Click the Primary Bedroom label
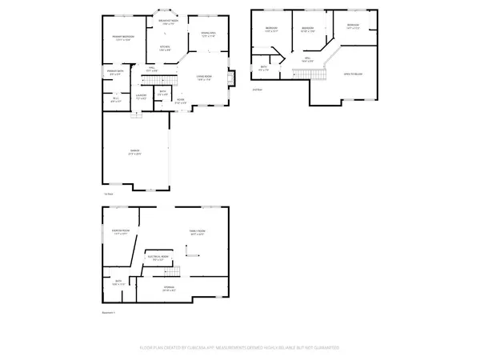(122, 37)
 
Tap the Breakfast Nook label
(166, 22)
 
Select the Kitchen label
(164, 47)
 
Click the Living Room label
(205, 76)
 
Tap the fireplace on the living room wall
(231, 78)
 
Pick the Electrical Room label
(158, 258)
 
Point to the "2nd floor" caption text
(258, 90)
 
